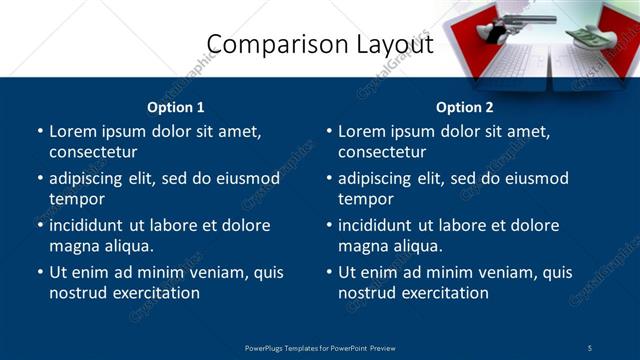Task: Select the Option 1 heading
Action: click(176, 107)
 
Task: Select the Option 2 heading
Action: click(465, 107)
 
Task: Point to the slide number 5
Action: click(590, 347)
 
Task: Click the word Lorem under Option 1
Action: click(73, 131)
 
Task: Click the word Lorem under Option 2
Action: click(362, 131)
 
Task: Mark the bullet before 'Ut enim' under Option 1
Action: click(39, 272)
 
